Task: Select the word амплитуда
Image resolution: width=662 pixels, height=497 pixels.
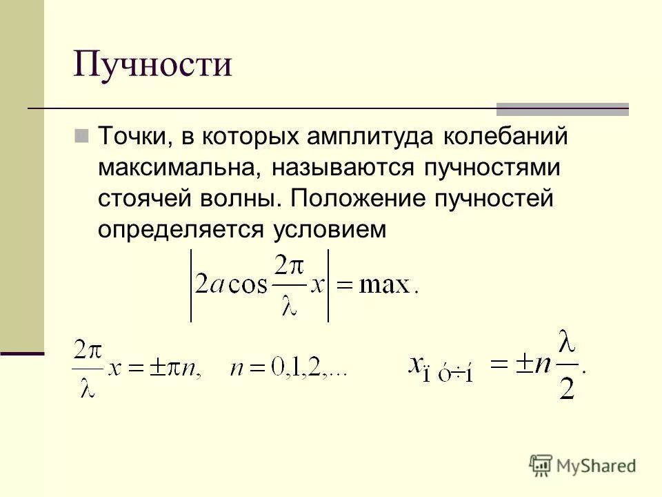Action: (x=363, y=136)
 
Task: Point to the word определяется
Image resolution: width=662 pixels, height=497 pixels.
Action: (x=175, y=231)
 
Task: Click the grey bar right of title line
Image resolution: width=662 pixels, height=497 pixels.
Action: (x=563, y=108)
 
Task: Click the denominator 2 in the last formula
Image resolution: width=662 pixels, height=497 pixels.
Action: (x=568, y=389)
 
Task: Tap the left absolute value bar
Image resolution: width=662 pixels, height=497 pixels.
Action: (x=191, y=286)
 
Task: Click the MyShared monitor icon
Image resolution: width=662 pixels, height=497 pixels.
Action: (x=541, y=465)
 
